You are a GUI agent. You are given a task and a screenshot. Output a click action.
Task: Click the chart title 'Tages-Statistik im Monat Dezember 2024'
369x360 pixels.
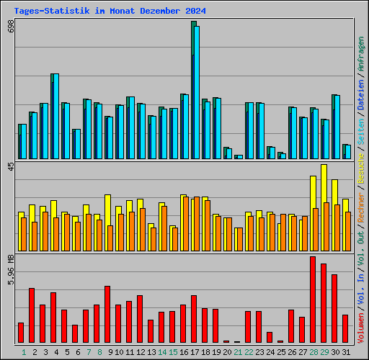pyautogui.click(x=110, y=12)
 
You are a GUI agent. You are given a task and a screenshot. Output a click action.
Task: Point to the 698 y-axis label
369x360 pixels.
pyautogui.click(x=11, y=27)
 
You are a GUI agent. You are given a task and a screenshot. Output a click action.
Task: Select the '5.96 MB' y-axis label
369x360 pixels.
pyautogui.click(x=11, y=268)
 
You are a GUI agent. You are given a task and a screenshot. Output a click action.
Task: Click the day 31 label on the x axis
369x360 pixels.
pyautogui.click(x=346, y=351)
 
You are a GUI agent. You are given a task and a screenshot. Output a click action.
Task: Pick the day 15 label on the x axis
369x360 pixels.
pyautogui.click(x=173, y=351)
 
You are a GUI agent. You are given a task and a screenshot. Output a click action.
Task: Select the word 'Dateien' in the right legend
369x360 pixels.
pyautogui.click(x=361, y=94)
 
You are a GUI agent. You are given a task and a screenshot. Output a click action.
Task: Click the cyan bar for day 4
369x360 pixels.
pyautogui.click(x=55, y=116)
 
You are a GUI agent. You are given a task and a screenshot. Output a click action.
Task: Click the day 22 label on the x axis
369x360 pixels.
pyautogui.click(x=249, y=351)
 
